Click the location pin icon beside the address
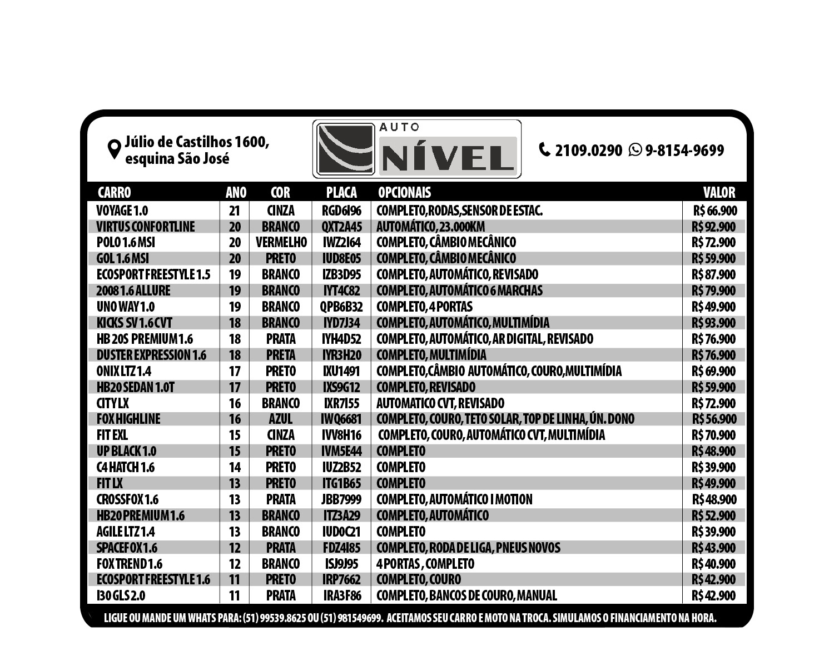pyautogui.click(x=114, y=149)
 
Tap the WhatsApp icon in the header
pyautogui.click(x=635, y=150)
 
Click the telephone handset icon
pyautogui.click(x=545, y=149)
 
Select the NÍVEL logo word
pyautogui.click(x=448, y=158)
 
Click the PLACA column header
pyautogui.click(x=341, y=192)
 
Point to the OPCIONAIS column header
pyautogui.click(x=404, y=192)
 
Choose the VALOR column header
pyautogui.click(x=719, y=192)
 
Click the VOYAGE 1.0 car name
pyautogui.click(x=122, y=211)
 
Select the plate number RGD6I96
pyautogui.click(x=341, y=211)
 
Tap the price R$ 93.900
pyautogui.click(x=713, y=323)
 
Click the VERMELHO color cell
pyautogui.click(x=281, y=242)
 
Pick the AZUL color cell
pyautogui.click(x=280, y=419)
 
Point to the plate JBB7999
pyautogui.click(x=341, y=499)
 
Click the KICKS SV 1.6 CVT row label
pyautogui.click(x=135, y=323)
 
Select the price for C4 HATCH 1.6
pyautogui.click(x=713, y=467)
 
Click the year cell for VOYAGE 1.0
pyautogui.click(x=235, y=211)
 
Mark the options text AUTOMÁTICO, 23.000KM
pyautogui.click(x=431, y=227)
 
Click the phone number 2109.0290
pyautogui.click(x=588, y=151)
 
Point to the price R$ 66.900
pyautogui.click(x=715, y=211)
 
